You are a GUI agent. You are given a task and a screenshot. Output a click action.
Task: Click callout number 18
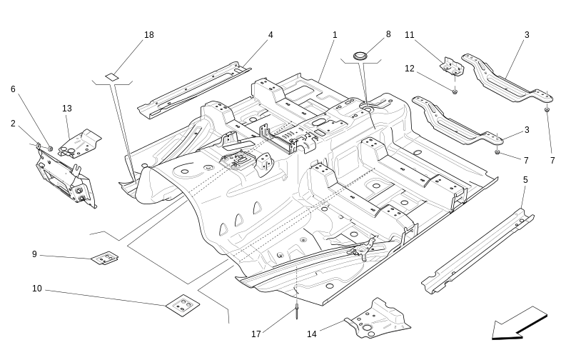(x=148, y=35)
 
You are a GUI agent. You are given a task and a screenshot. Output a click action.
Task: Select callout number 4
(x=271, y=35)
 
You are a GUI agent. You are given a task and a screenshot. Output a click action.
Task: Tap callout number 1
(x=334, y=35)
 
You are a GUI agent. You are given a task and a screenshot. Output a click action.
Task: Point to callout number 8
(x=388, y=34)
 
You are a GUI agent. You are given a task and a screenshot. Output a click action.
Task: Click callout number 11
(x=410, y=35)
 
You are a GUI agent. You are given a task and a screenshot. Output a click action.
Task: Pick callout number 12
(x=410, y=69)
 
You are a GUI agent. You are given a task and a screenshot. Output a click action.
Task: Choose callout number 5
(x=525, y=179)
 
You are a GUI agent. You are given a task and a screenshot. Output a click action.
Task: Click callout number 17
(x=256, y=334)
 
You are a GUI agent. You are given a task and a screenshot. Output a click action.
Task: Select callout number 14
(x=312, y=334)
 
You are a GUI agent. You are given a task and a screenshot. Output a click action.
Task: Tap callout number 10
(x=37, y=289)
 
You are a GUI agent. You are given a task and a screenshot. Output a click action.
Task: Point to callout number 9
(x=34, y=254)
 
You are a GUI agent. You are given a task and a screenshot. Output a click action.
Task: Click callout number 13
(x=67, y=109)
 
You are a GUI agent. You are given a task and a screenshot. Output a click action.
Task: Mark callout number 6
(x=13, y=89)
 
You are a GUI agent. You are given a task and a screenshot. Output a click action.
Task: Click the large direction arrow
(x=519, y=324)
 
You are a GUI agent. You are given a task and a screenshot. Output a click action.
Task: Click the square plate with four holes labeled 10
(x=183, y=305)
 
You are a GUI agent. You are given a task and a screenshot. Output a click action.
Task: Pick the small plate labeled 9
(x=105, y=258)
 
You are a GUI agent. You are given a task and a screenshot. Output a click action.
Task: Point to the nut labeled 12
(x=455, y=91)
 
